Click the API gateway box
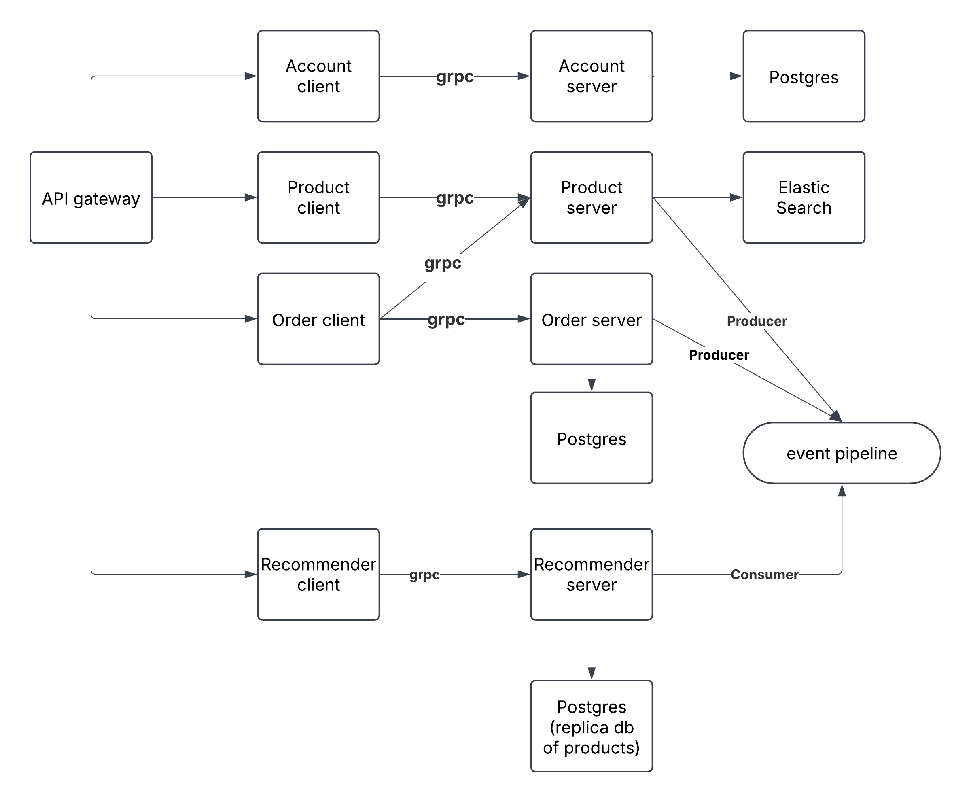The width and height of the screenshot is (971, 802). coord(91,198)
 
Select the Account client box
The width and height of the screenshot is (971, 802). coord(318,76)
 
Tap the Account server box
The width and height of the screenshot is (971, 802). coord(591,76)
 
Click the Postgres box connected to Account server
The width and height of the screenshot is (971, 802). coord(804,76)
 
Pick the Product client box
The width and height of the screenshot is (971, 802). coord(318,198)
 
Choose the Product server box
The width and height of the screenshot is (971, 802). coord(591,198)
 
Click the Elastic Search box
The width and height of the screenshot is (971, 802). coord(804,198)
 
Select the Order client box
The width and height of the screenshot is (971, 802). coord(318,319)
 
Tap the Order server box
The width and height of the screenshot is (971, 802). coord(591,319)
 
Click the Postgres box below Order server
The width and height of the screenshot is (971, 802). coord(591,438)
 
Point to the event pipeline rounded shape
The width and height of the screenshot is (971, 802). coord(841,453)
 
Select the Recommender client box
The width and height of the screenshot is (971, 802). coord(318,574)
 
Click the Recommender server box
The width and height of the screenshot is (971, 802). coord(591,574)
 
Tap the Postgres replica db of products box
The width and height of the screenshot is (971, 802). coord(591,726)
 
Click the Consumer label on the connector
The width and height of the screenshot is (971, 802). coord(764,574)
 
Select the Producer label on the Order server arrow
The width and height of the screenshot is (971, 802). coord(718,355)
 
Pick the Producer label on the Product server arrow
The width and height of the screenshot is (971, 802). coord(756,321)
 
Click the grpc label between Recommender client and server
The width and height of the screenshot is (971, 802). coord(424,574)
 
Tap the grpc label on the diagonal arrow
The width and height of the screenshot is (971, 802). coord(443,263)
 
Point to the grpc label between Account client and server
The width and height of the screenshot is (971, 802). coord(455,76)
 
